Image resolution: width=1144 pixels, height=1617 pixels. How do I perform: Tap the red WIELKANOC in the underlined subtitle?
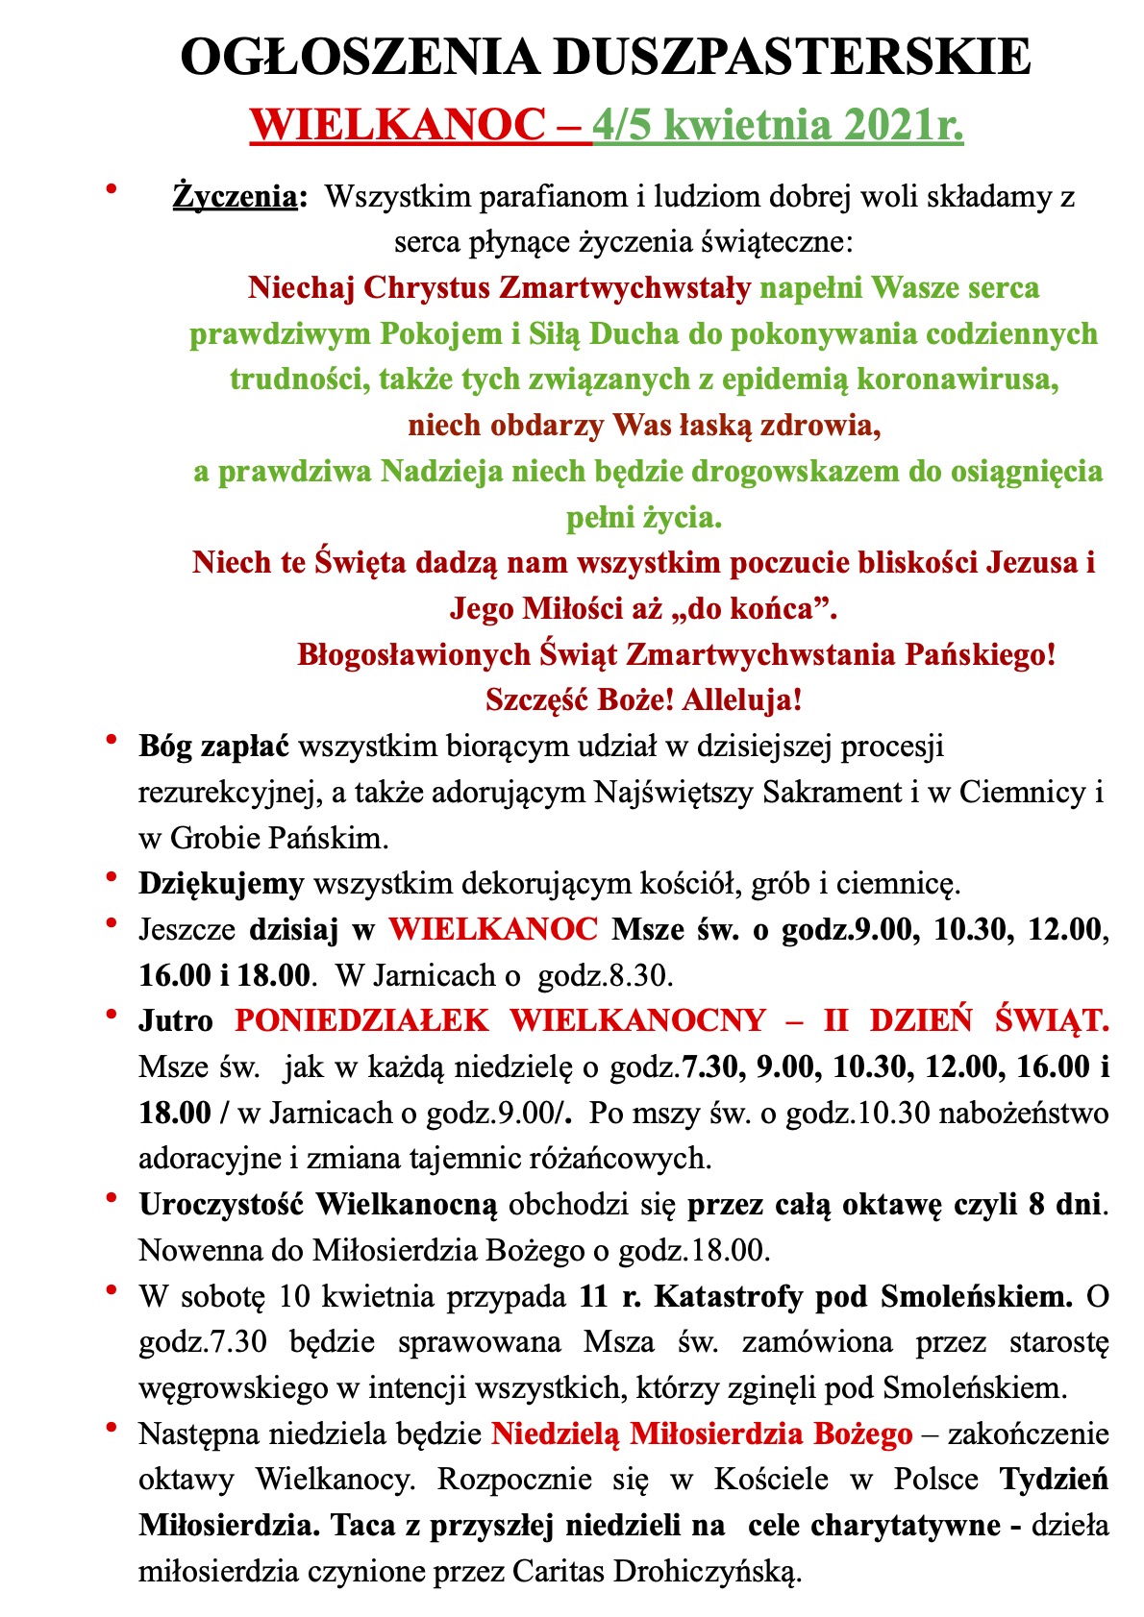[398, 125]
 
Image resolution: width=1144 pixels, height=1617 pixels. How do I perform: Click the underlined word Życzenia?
[234, 197]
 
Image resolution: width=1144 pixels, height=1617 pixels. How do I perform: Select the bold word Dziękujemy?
[221, 882]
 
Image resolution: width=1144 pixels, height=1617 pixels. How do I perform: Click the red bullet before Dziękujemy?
[112, 876]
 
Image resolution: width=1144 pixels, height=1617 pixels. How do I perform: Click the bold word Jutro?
[176, 1019]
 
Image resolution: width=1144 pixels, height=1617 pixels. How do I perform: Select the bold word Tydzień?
[1055, 1479]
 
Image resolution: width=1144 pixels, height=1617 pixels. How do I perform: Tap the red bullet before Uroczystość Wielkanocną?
[112, 1198]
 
